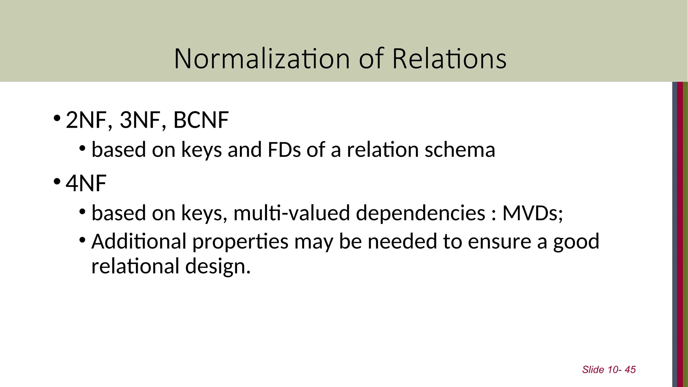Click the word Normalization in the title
(x=261, y=59)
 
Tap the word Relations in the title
(x=449, y=59)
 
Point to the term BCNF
(x=201, y=120)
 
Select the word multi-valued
(x=292, y=213)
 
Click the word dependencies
(x=420, y=213)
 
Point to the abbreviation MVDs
(x=532, y=213)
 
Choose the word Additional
(x=139, y=242)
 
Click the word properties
(x=240, y=242)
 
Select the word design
(x=218, y=266)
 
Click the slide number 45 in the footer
(x=630, y=370)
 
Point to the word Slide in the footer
(x=593, y=370)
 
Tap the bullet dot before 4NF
(x=57, y=182)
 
